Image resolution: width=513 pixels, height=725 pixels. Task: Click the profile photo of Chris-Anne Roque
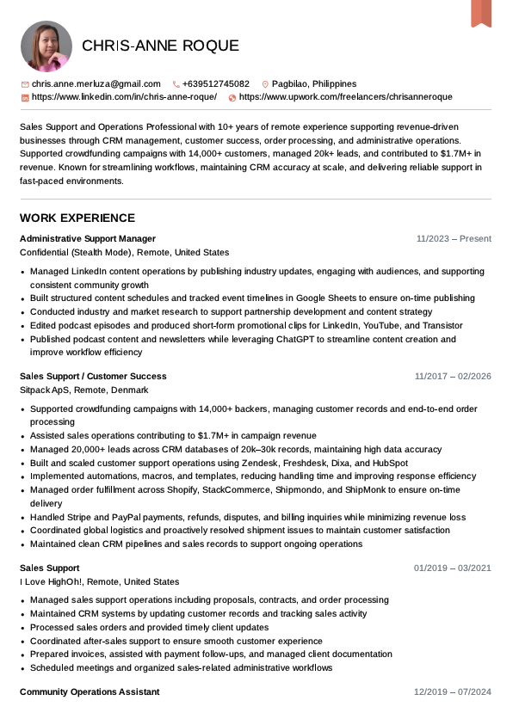tap(46, 46)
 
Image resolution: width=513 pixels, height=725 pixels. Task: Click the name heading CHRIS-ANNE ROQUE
tap(160, 46)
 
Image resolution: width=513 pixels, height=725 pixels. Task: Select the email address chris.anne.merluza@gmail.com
tap(96, 84)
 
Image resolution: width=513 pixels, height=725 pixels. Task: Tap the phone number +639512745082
tap(215, 84)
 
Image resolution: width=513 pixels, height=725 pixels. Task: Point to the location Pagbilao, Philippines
tap(313, 84)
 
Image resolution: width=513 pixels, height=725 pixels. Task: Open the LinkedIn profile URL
tap(124, 97)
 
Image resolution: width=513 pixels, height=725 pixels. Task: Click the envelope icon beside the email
tap(25, 84)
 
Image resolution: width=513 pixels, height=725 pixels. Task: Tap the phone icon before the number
tap(176, 84)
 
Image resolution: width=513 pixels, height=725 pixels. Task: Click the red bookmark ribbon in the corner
tap(480, 12)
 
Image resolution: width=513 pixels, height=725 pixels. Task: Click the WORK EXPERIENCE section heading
tap(77, 218)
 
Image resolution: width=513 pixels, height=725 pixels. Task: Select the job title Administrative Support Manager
tap(88, 238)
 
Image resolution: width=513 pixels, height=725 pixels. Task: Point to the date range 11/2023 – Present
tap(454, 238)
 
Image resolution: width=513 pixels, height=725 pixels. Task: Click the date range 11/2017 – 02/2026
tap(453, 376)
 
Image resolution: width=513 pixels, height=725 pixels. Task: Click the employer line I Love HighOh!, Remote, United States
tap(100, 581)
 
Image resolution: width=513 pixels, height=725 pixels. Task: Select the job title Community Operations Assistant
tap(90, 691)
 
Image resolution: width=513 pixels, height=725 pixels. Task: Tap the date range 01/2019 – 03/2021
tap(453, 568)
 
